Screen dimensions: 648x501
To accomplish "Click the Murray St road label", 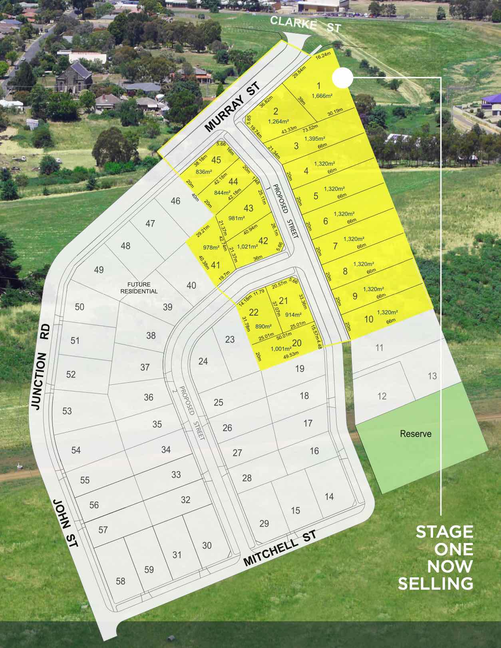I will point(232,107).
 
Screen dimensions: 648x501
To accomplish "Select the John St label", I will point(66,523).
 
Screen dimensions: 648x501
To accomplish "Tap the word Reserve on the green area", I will point(416,433).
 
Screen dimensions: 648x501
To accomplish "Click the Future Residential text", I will point(139,288).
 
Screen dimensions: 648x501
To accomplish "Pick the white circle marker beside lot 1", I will point(342,78).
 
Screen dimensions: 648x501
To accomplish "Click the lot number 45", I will point(216,160).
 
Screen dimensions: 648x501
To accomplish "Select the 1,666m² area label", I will point(322,96).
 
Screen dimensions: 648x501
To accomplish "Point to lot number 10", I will point(369,319).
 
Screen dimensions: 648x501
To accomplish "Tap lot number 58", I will point(120,581).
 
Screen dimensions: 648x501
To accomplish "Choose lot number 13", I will point(432,376).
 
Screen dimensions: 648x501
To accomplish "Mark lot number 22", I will point(254,313).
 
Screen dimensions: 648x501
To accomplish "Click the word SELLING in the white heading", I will point(435,584).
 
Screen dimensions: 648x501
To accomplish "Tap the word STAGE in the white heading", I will point(444,532).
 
